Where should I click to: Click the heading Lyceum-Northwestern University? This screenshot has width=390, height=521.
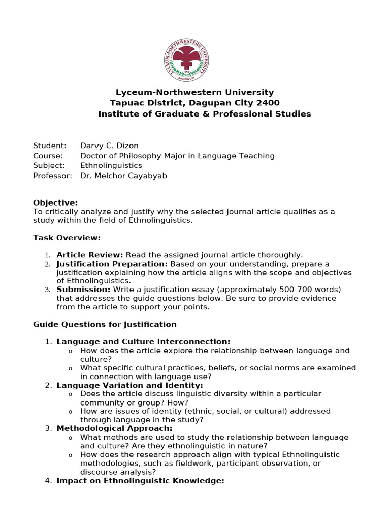click(194, 92)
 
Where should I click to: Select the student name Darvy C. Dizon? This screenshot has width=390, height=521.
click(109, 146)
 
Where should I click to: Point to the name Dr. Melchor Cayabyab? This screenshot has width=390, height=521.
click(123, 176)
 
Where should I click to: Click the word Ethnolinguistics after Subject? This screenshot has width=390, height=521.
click(111, 165)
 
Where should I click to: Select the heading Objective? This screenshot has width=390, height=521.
click(55, 202)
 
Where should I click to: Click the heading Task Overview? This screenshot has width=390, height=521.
click(67, 237)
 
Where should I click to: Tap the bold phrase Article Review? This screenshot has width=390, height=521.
click(90, 254)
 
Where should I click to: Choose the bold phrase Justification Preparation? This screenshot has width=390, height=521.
click(112, 264)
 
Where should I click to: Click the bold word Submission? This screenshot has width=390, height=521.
click(83, 290)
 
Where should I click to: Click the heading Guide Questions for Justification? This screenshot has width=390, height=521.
click(105, 324)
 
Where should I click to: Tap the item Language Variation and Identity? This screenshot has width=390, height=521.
click(129, 385)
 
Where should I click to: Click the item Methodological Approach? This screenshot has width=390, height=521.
click(114, 428)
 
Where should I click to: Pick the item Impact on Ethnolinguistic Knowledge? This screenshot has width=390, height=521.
click(140, 481)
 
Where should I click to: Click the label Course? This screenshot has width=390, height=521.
click(48, 156)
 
